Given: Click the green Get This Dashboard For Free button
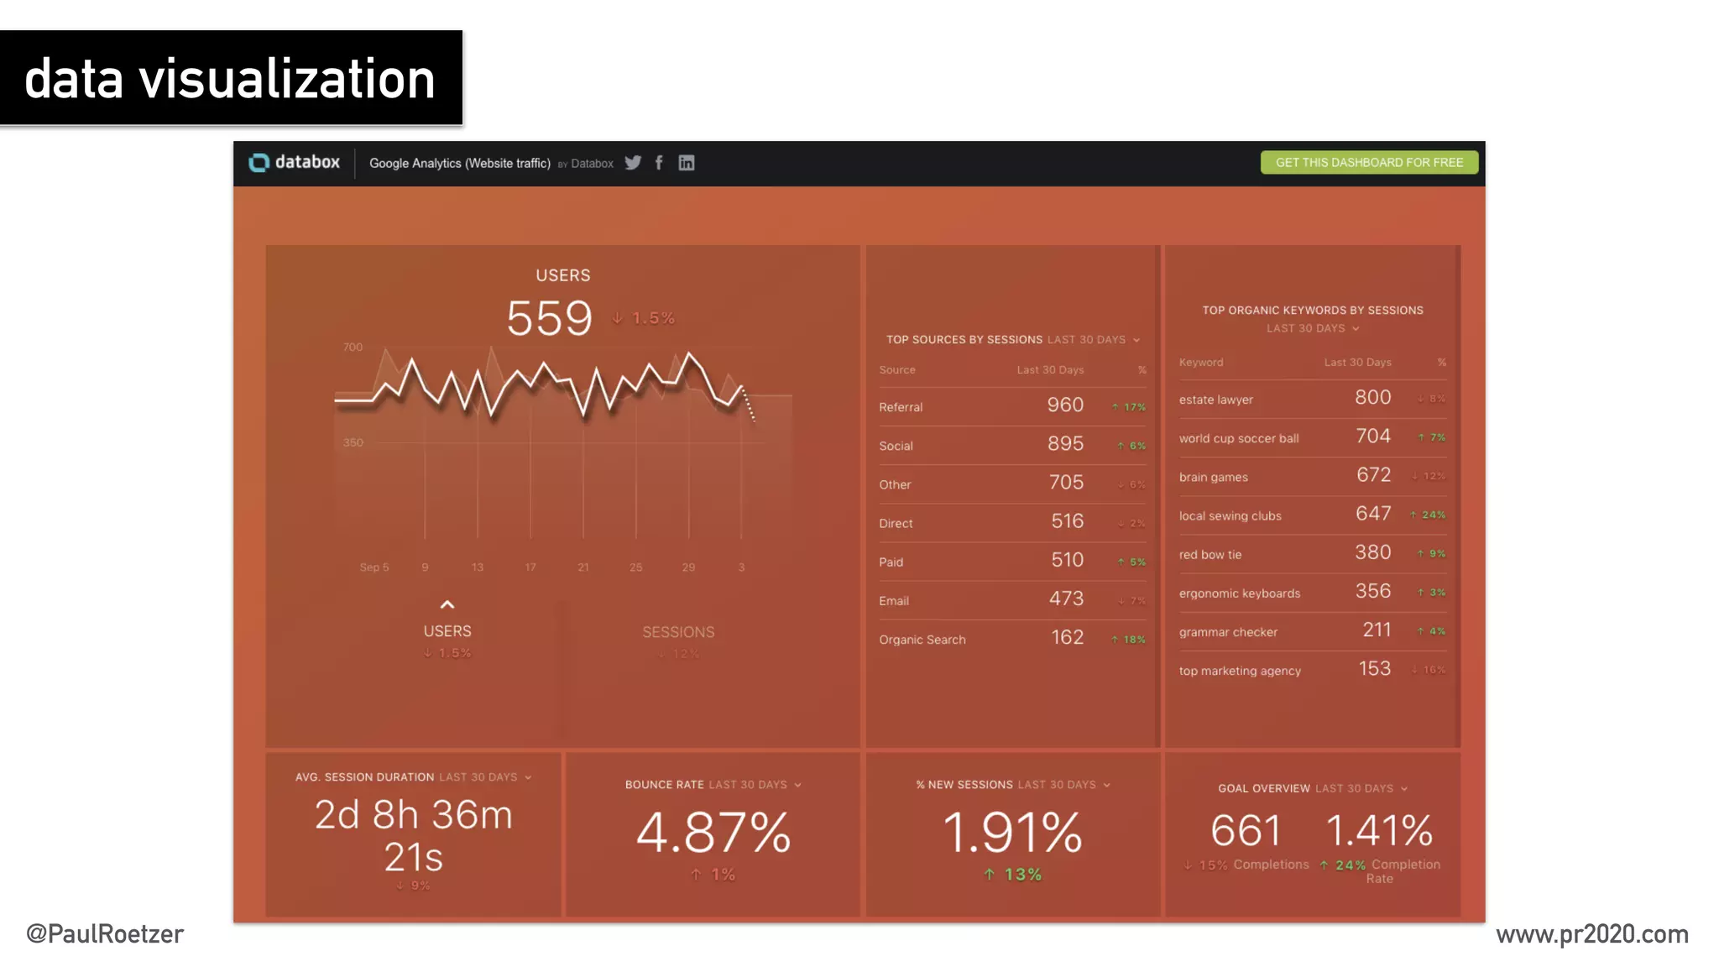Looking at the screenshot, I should tap(1368, 163).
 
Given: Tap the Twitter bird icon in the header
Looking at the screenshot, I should tap(633, 163).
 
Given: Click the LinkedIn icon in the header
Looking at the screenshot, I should tap(686, 163).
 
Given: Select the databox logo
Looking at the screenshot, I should tap(295, 163).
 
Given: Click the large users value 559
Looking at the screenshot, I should tap(549, 319).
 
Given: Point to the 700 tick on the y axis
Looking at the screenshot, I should tap(353, 348).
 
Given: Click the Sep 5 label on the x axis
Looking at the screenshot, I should tap(374, 567).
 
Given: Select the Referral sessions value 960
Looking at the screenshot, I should tap(1065, 405).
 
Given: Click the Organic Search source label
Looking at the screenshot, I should tap(922, 640).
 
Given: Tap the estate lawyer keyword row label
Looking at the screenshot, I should tap(1215, 400).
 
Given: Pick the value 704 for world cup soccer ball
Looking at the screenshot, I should tap(1373, 436).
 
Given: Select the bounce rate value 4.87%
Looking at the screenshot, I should tap(713, 833).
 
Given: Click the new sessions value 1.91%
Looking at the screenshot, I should tap(1012, 833).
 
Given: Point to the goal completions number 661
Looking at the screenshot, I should tap(1246, 831).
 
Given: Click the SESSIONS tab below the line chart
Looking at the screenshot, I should tap(678, 633).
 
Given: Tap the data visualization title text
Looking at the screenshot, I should tap(230, 79).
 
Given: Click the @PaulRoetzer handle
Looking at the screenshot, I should tap(105, 934).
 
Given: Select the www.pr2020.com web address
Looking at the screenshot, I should tap(1591, 934).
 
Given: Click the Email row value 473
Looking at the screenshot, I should tap(1066, 599).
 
